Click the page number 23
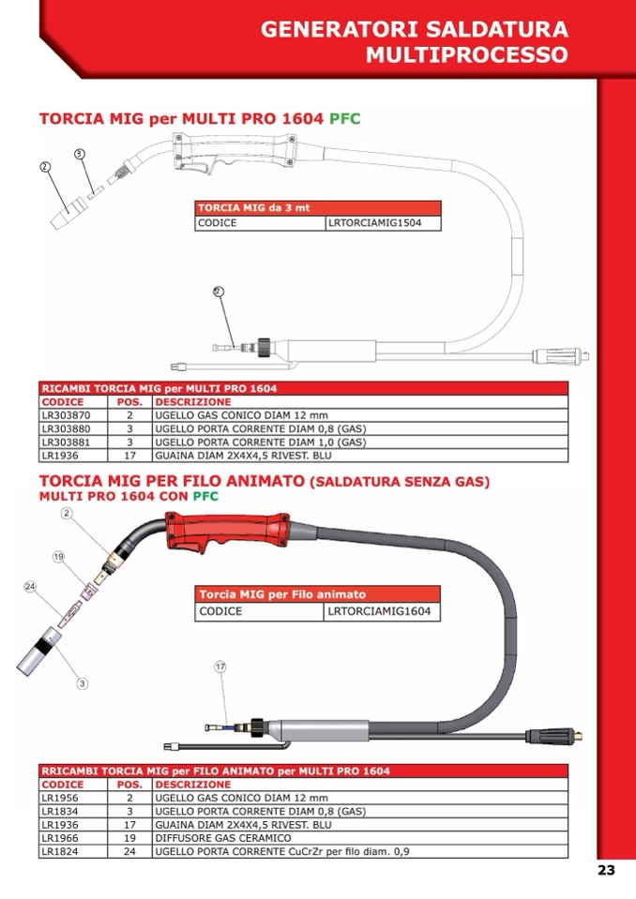point(606,870)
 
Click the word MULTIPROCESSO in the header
point(466,54)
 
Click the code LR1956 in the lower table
point(61,798)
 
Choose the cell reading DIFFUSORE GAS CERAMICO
point(223,838)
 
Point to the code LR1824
point(61,852)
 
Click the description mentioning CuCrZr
point(282,852)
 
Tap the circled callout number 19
point(58,557)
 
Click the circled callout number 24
point(30,587)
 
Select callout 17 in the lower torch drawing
point(220,667)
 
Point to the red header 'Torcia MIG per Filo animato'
point(282,594)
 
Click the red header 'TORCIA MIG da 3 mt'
point(253,208)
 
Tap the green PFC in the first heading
point(344,119)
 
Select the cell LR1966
point(61,838)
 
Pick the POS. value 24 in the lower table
point(129,852)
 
